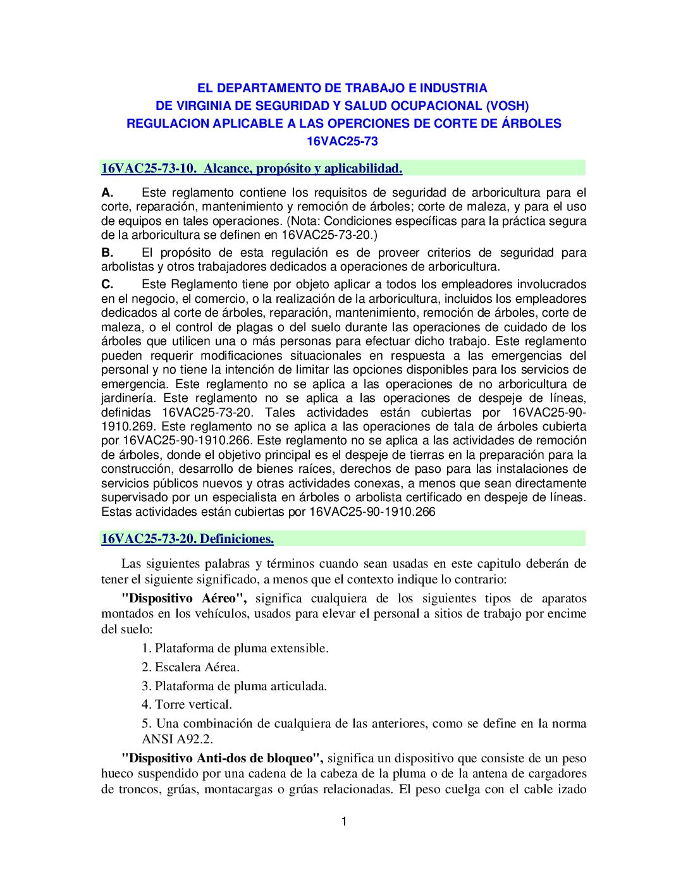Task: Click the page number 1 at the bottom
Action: tap(344, 822)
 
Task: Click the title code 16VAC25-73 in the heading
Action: tap(342, 142)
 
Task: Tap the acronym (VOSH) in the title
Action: tap(507, 106)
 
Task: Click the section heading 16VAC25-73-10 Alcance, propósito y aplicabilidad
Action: tap(252, 169)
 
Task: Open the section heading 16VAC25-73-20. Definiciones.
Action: tap(187, 539)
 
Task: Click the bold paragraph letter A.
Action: tap(107, 193)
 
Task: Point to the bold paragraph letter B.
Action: tap(107, 253)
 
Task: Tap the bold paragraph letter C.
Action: tap(107, 284)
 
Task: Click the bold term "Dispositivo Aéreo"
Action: tap(183, 599)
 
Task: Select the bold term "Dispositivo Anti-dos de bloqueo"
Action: tap(222, 759)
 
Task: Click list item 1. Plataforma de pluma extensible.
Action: tap(235, 649)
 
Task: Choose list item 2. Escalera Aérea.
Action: tap(190, 667)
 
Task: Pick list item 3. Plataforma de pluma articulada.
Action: tap(234, 686)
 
